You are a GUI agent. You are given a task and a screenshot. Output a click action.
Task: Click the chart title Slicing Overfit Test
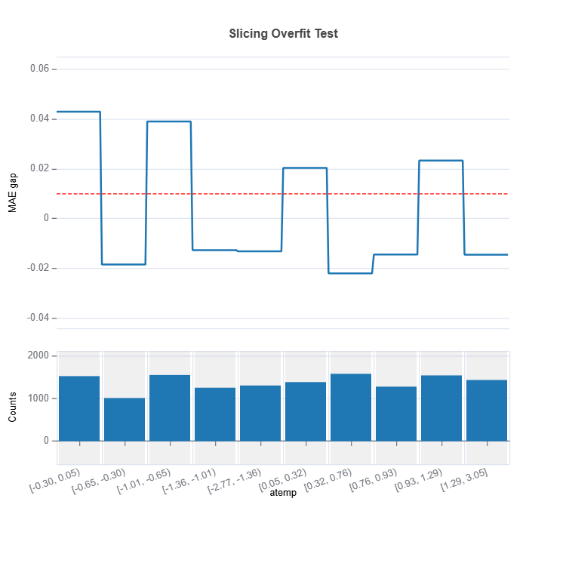coord(283,33)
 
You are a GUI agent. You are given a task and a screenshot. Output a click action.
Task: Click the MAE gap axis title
coord(13,193)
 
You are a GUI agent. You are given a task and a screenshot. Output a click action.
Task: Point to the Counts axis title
coord(13,407)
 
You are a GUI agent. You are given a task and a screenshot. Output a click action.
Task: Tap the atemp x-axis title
coord(283,493)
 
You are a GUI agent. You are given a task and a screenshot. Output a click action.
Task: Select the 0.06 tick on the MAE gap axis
coord(39,69)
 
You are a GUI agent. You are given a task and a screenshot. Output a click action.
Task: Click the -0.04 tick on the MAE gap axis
coord(38,318)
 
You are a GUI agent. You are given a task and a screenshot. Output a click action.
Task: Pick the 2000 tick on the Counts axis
coord(38,355)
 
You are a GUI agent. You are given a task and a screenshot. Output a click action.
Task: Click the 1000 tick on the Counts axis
coord(38,398)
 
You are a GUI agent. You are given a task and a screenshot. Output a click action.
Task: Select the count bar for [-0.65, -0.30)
coord(125,420)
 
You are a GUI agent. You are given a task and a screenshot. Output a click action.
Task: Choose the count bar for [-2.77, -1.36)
coord(260,414)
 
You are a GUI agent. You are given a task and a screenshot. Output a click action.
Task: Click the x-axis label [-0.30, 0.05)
coord(55,481)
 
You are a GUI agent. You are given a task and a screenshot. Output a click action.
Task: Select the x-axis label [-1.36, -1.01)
coord(189,481)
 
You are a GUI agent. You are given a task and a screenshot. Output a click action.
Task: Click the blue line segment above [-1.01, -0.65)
coord(169,122)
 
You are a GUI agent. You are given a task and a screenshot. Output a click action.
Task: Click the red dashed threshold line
coord(283,194)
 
